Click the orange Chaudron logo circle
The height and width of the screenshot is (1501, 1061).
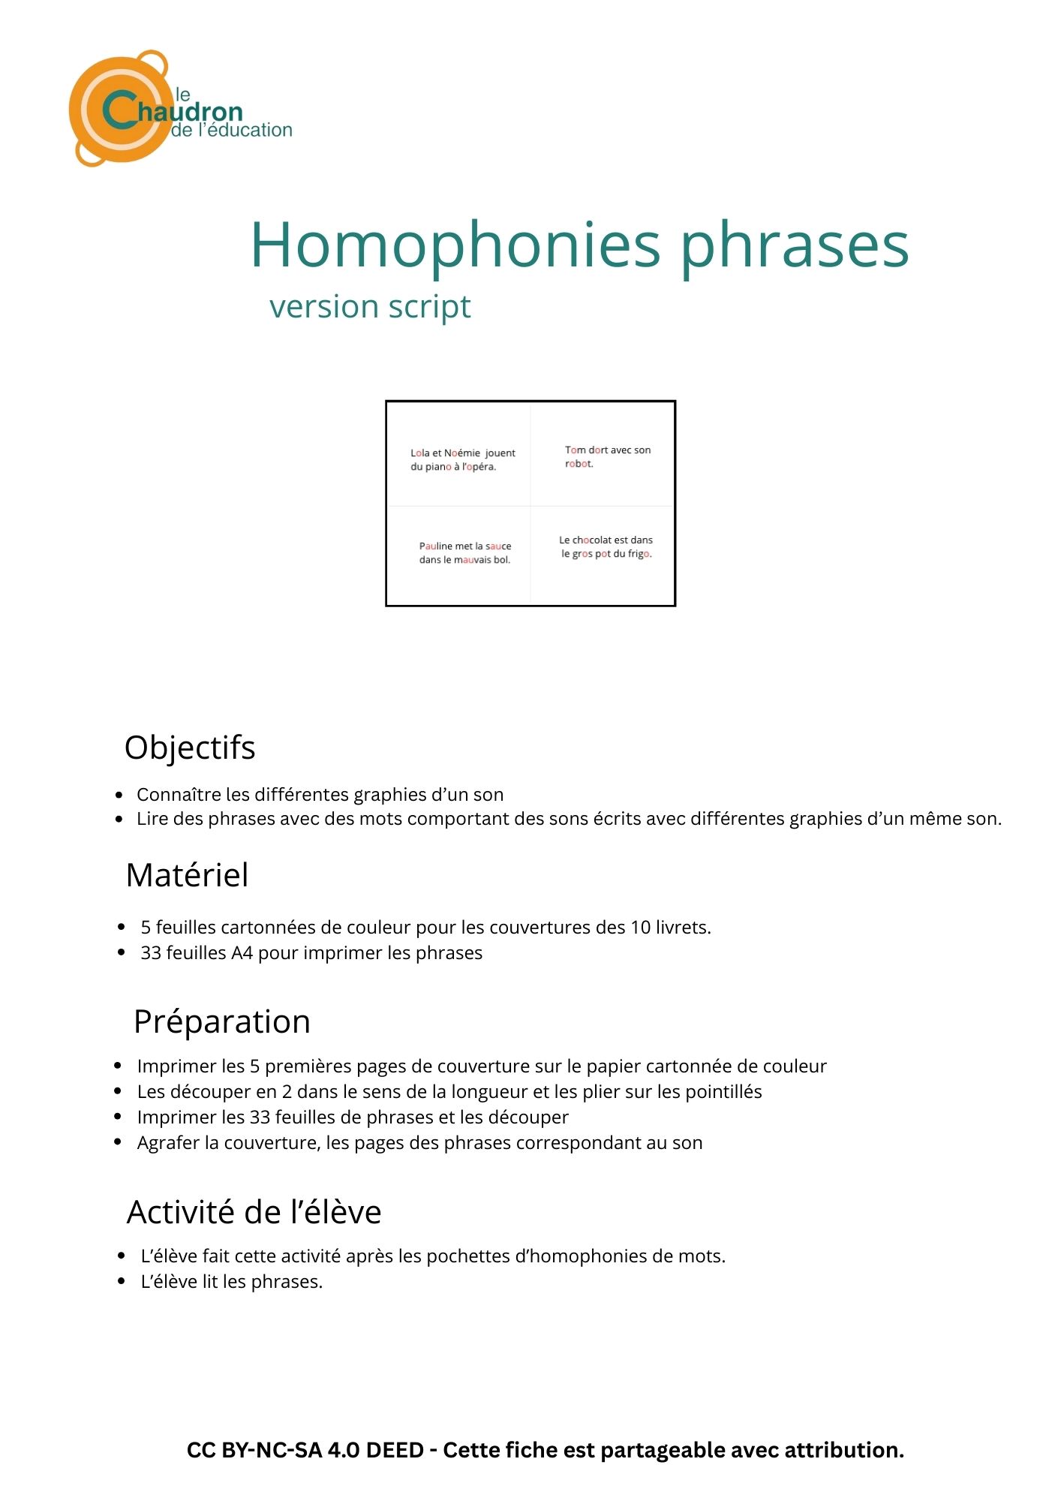[120, 110]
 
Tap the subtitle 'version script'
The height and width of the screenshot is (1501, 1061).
[370, 306]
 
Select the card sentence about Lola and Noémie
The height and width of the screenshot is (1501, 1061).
[462, 459]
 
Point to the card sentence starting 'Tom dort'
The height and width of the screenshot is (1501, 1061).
[607, 456]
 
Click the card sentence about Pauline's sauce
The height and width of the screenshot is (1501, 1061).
[464, 552]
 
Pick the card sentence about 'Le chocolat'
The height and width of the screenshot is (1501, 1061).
[606, 546]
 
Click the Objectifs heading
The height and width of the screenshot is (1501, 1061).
[190, 747]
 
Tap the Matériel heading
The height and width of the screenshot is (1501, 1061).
[187, 875]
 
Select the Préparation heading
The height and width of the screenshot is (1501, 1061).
[221, 1021]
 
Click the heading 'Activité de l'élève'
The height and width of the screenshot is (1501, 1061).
[254, 1212]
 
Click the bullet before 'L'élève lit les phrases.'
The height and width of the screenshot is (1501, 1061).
[121, 1281]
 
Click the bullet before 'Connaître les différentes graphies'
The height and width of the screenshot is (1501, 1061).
[119, 795]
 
